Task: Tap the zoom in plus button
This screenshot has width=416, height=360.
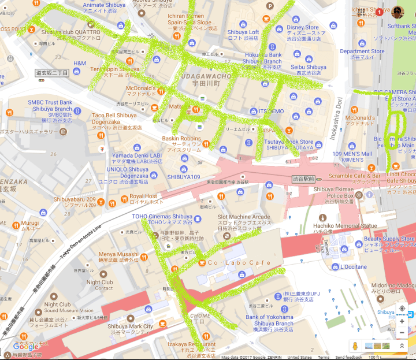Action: coord(402,321)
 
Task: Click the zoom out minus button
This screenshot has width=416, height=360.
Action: coord(402,332)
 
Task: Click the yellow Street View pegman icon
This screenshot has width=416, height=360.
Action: coord(356,346)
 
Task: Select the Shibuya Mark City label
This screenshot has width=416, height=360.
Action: coord(129,326)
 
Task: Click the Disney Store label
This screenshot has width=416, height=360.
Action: coord(302,27)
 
